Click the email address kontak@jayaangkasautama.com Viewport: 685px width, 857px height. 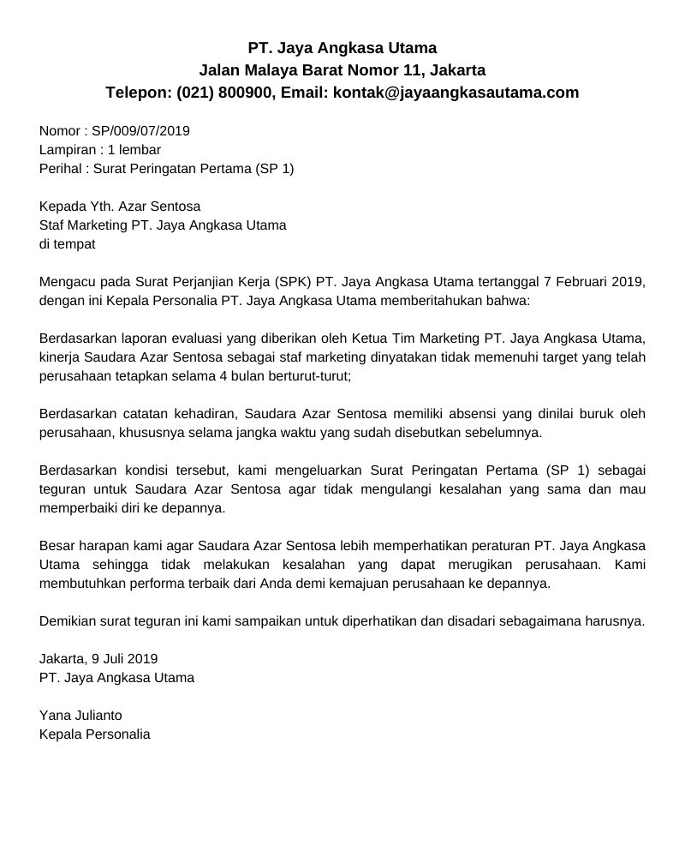tap(455, 93)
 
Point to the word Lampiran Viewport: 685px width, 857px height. tap(67, 150)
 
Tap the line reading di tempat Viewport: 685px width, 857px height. tap(68, 244)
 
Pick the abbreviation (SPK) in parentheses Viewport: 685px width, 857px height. tap(293, 282)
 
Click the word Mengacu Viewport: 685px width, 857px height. tap(67, 282)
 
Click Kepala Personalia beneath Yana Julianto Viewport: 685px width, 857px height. tap(95, 734)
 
